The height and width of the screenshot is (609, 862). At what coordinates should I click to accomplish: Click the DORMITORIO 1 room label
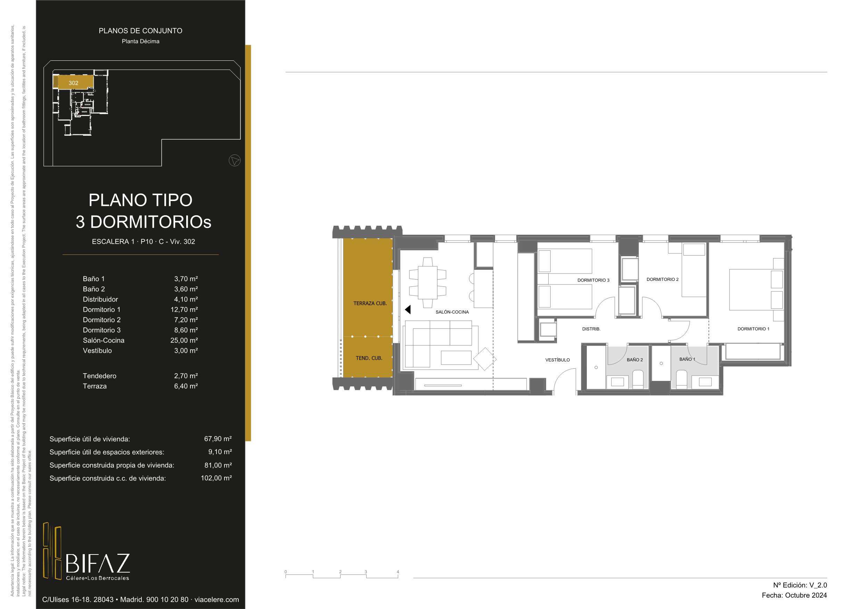pos(753,329)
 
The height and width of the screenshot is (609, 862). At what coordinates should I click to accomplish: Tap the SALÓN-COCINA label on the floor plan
pos(452,312)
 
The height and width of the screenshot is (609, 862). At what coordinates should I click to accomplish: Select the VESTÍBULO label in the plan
pos(558,360)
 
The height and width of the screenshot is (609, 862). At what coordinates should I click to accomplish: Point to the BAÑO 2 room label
pos(635,360)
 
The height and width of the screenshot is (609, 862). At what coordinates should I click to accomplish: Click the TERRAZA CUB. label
pos(370,303)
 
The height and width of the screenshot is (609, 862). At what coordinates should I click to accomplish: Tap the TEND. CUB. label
pos(369,358)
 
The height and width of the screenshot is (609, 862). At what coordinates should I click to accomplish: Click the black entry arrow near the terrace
pos(408,310)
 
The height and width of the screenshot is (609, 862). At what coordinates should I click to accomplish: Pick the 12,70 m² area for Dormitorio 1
pos(184,310)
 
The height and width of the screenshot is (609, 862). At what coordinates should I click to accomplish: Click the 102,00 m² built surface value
pos(216,478)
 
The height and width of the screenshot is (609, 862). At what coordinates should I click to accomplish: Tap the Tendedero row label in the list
pos(99,376)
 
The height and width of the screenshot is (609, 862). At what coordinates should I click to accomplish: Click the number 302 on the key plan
pos(74,83)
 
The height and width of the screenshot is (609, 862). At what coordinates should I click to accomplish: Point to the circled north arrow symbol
pos(235,161)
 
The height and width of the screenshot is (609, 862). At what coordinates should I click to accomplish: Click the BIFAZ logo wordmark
pos(98,563)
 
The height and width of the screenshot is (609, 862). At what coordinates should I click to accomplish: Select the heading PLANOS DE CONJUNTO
pos(140,31)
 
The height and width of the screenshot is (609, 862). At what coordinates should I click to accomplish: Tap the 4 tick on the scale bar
pos(398,572)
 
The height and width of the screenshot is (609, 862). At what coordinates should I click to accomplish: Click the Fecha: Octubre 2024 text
pos(794,595)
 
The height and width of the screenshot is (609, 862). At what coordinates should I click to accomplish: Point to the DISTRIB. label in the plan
pos(591,329)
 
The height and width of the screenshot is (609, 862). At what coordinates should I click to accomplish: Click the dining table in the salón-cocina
pos(428,283)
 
